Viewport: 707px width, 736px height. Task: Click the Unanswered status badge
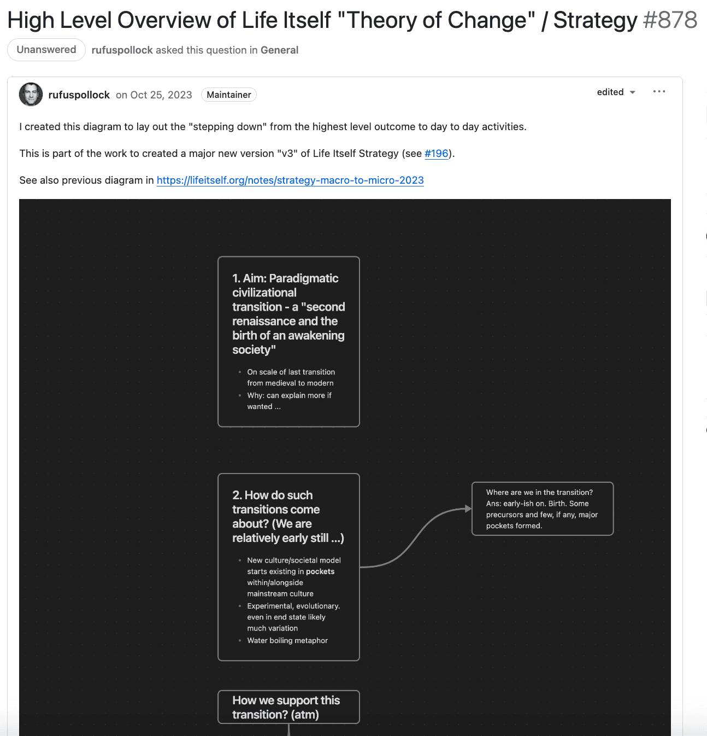click(x=46, y=50)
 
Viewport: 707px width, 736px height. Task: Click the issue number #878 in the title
click(x=670, y=21)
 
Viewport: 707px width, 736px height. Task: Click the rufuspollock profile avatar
click(x=31, y=95)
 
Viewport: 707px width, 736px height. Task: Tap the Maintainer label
click(x=228, y=95)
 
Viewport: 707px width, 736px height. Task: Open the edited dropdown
click(x=616, y=92)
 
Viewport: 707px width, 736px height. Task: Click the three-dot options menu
click(x=659, y=91)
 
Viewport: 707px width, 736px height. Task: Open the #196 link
click(x=436, y=154)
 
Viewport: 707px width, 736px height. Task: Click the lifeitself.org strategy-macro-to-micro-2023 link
click(x=290, y=180)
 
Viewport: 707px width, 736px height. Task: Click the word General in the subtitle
click(x=279, y=50)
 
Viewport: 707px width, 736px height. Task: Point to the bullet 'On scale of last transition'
click(x=291, y=377)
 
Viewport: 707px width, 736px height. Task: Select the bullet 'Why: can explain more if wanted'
click(x=289, y=401)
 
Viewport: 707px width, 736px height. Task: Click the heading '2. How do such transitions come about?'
click(x=288, y=516)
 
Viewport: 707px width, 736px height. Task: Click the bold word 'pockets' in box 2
click(x=320, y=571)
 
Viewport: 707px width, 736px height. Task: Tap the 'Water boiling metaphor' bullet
click(x=287, y=640)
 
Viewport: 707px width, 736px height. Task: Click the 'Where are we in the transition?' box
click(x=542, y=509)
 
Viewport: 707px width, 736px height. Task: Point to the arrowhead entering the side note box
click(x=468, y=509)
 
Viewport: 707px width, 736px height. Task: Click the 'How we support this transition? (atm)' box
click(x=288, y=707)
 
